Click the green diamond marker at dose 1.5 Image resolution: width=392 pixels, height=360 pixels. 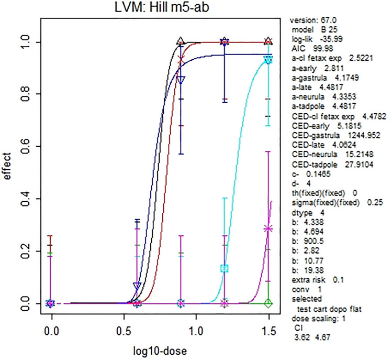(268, 303)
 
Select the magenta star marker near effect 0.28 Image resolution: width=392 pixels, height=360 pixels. (268, 228)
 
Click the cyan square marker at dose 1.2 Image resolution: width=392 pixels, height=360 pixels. (225, 268)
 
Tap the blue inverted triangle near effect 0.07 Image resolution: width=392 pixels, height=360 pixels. (137, 286)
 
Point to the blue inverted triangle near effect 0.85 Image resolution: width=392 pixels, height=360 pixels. (181, 80)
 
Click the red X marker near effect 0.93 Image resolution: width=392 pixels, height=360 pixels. (182, 60)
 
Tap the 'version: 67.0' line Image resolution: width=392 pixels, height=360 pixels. (308, 20)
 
